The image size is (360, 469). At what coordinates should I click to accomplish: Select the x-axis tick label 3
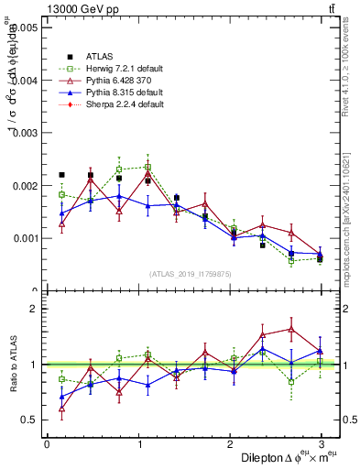tap(322, 443)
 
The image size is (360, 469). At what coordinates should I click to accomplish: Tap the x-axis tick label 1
tap(138, 443)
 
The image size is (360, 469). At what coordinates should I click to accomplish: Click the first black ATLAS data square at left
tap(61, 174)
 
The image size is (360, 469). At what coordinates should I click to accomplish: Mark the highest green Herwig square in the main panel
tap(147, 168)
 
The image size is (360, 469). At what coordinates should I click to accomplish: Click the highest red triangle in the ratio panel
tap(291, 329)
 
